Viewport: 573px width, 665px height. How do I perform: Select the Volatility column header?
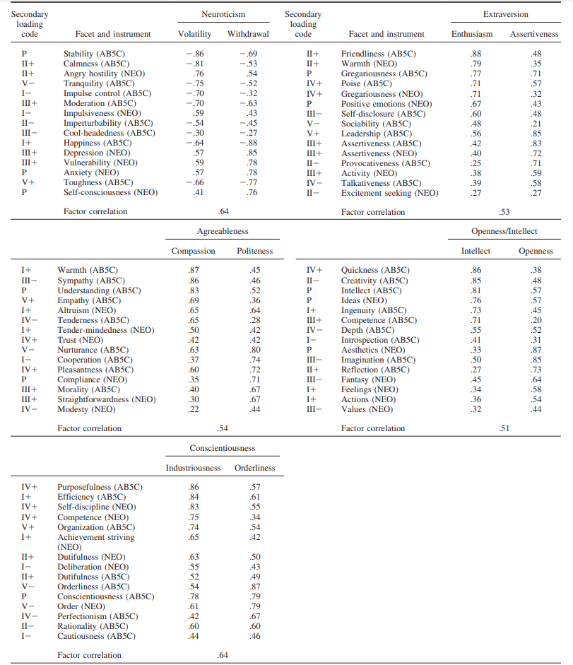pyautogui.click(x=194, y=34)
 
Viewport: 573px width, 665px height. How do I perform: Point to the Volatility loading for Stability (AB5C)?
pyautogui.click(x=194, y=54)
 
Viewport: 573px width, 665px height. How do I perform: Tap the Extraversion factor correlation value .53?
pyautogui.click(x=504, y=211)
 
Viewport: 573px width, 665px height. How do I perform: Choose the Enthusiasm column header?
pyautogui.click(x=473, y=34)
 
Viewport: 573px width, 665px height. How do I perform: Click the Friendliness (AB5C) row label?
pyautogui.click(x=378, y=54)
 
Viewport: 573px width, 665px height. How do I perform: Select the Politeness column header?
pyautogui.click(x=254, y=251)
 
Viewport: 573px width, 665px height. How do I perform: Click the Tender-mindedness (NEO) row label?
pyautogui.click(x=105, y=330)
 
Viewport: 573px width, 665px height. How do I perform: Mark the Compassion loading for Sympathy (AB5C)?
pyautogui.click(x=194, y=281)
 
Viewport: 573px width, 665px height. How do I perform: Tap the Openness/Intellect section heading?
pyautogui.click(x=504, y=231)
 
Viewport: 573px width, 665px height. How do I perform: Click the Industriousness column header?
pyautogui.click(x=193, y=468)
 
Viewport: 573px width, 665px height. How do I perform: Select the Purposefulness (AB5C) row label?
pyautogui.click(x=100, y=487)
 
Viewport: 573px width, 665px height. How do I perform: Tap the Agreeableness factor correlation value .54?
pyautogui.click(x=223, y=428)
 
